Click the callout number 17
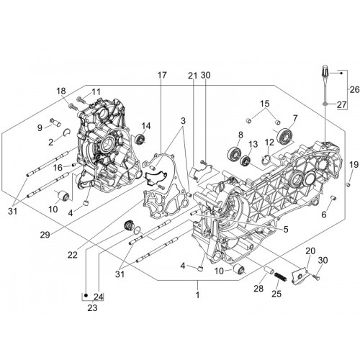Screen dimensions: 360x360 pos(162,75)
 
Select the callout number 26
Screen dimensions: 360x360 pos(355,89)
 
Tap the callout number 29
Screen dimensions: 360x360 pos(45,235)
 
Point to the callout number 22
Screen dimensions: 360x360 pos(73,255)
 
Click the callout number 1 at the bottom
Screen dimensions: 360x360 pos(197,294)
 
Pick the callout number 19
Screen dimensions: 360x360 pos(354,165)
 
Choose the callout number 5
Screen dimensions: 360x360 pos(286,229)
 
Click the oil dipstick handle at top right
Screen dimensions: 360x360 pos(326,70)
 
